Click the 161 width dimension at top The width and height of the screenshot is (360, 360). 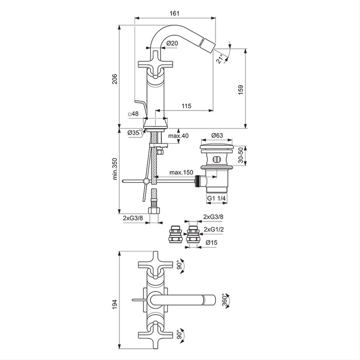174,13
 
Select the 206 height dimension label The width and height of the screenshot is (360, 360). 115,79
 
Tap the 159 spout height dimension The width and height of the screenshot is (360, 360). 241,90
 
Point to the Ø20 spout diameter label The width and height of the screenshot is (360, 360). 172,43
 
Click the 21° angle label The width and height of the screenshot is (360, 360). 220,59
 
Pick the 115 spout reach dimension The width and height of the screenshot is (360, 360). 186,106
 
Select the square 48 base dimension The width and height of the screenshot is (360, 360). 133,113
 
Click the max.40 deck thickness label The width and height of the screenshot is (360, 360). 178,136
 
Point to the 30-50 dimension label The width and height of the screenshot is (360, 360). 241,155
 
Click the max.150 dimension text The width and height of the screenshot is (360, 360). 182,172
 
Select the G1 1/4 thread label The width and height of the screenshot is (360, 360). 216,198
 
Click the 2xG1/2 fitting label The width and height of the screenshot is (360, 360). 214,229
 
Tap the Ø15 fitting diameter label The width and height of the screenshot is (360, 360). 211,242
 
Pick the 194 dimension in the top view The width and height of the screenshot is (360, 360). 115,304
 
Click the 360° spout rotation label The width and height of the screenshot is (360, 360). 225,299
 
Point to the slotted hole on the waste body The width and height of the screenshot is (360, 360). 216,159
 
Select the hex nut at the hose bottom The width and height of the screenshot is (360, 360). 154,210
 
